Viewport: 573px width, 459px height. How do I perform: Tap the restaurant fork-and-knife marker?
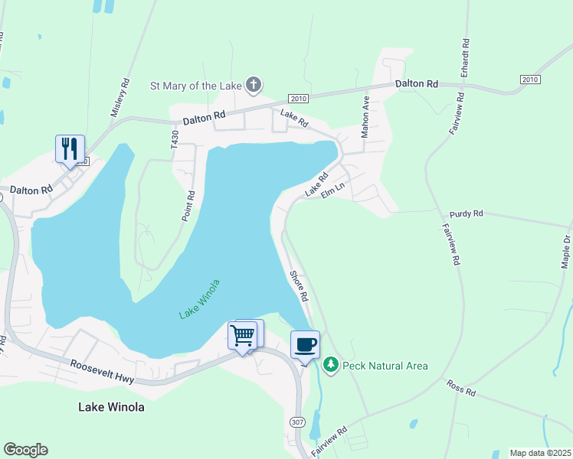coord(70,148)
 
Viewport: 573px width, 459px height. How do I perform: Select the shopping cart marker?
coord(243,335)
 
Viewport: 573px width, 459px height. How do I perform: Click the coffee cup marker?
coord(305,344)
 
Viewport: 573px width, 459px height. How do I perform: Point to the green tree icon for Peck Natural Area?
coord(331,366)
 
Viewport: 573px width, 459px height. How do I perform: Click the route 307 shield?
coord(297,422)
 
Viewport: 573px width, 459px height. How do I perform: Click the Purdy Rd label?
coord(467,213)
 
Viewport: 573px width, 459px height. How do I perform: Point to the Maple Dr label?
coord(566,251)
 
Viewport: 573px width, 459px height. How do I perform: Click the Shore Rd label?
coord(298,285)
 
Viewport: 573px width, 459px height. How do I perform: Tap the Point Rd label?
coord(188,206)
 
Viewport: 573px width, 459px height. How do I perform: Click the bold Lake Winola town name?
coord(111,407)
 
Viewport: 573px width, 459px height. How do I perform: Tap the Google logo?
coord(25,450)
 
